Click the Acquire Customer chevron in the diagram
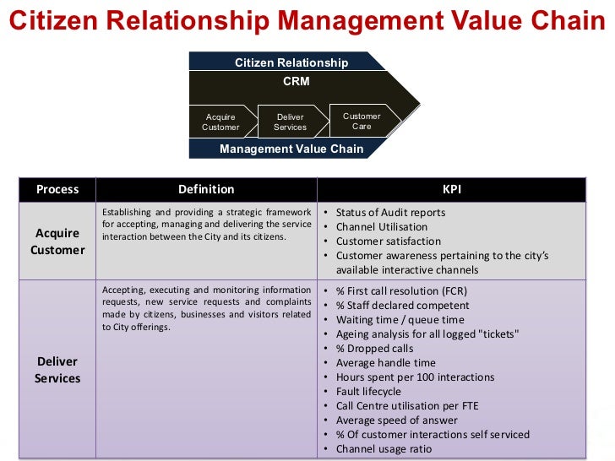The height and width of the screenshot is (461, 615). tap(220, 122)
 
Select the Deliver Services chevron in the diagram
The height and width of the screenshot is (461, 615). tap(291, 122)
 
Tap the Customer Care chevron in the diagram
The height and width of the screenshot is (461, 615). tap(362, 121)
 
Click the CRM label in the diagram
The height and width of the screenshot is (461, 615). tap(297, 82)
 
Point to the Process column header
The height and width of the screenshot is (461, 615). tap(57, 189)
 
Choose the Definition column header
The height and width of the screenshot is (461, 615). tap(206, 189)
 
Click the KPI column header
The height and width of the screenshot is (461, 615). tap(452, 189)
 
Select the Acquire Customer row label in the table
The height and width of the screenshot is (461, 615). tap(57, 241)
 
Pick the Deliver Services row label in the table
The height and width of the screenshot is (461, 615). tap(57, 370)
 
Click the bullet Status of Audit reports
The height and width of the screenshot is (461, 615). tap(390, 213)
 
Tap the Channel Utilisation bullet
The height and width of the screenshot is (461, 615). tap(382, 227)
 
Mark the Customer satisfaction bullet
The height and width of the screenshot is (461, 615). tap(389, 241)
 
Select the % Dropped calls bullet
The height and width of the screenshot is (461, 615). tap(375, 349)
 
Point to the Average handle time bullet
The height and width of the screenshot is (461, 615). tap(386, 363)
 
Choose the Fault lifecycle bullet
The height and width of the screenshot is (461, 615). tap(368, 392)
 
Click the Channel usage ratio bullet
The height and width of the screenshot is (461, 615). tap(384, 449)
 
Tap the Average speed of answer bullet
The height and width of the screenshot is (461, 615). tap(396, 420)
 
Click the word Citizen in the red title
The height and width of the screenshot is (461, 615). tap(51, 20)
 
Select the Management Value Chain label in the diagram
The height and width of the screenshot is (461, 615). tap(291, 149)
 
